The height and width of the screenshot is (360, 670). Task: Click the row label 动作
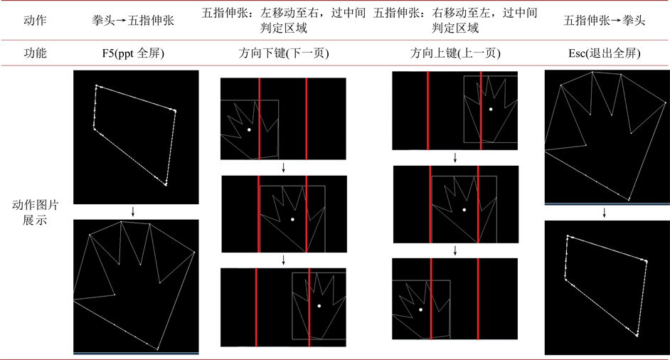(35, 21)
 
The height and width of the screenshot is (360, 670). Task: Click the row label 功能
(35, 53)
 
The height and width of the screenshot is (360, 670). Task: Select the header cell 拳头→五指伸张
(133, 21)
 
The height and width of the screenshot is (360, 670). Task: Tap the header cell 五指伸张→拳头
(604, 21)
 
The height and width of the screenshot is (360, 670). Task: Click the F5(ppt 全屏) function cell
(133, 53)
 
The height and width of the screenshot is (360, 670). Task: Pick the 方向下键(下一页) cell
(284, 53)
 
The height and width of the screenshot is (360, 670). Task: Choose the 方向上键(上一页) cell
(455, 53)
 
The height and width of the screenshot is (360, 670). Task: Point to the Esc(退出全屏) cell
(604, 53)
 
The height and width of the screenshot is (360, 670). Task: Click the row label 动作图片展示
(35, 213)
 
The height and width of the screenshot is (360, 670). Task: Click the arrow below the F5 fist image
(133, 211)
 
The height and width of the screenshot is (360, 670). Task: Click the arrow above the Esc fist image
(604, 213)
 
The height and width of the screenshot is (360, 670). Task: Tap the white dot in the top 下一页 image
(249, 129)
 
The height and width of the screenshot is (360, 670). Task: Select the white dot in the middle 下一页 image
(293, 219)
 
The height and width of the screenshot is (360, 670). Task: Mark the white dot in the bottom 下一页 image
(319, 306)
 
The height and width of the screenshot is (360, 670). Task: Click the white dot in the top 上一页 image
(491, 110)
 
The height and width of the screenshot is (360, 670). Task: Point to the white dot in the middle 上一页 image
(464, 210)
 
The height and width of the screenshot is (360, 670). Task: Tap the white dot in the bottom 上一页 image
(421, 309)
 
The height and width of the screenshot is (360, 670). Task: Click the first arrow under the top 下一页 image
(283, 168)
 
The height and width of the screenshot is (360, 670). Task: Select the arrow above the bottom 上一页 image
(455, 250)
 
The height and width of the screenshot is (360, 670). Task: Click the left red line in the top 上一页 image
(427, 111)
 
